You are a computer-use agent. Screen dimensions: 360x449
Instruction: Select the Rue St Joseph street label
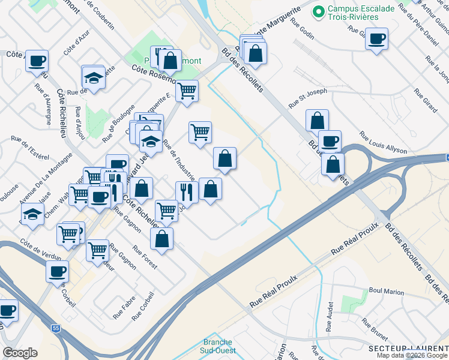(x=308, y=98)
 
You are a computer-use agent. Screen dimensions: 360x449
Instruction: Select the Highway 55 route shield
(x=56, y=329)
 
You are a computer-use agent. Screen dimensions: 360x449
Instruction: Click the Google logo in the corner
(x=20, y=352)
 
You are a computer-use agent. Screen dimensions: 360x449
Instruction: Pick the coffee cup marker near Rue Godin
(x=376, y=40)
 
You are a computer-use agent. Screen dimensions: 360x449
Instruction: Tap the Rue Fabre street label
(x=124, y=306)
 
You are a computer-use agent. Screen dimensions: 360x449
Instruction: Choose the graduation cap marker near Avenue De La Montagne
(x=32, y=214)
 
